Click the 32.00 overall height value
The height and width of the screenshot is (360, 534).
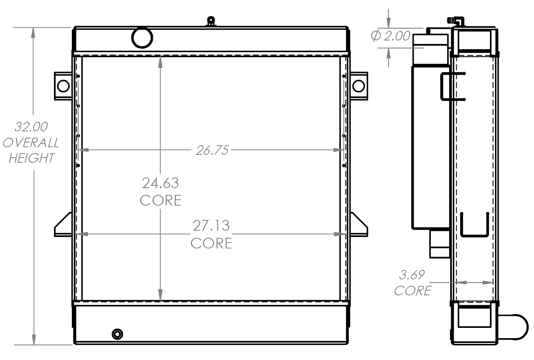click(x=31, y=127)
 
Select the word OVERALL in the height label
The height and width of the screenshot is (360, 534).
click(x=31, y=142)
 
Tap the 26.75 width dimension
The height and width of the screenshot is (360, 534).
click(x=212, y=150)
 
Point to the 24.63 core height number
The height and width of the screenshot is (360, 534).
click(x=160, y=183)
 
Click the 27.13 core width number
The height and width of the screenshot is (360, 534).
click(x=211, y=225)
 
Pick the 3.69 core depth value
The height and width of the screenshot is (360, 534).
click(x=412, y=274)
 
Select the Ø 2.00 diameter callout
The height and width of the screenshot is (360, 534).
click(x=391, y=36)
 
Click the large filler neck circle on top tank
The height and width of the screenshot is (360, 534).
click(x=142, y=37)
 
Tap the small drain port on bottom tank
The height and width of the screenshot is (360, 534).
click(x=117, y=334)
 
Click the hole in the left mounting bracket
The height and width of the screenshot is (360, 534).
click(x=63, y=85)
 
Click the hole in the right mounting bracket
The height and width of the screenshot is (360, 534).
click(x=359, y=85)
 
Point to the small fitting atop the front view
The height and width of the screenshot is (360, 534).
click(x=211, y=21)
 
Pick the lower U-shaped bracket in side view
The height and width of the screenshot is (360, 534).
click(x=474, y=226)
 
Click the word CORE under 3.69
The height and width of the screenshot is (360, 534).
click(x=413, y=291)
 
